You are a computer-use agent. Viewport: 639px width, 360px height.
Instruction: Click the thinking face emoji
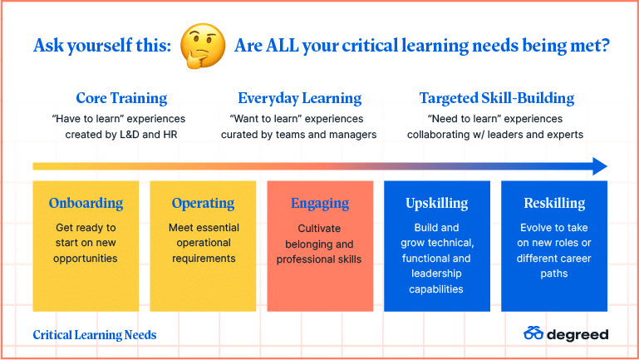(x=203, y=45)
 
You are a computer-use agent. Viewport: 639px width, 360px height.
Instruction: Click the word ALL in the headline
(x=283, y=45)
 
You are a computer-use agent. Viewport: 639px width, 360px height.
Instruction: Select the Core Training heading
(x=121, y=98)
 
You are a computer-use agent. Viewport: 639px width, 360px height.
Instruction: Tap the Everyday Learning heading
(x=299, y=98)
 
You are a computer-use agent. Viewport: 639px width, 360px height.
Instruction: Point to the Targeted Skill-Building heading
(x=497, y=98)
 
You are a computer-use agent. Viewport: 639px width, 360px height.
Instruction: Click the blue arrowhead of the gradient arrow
(x=599, y=166)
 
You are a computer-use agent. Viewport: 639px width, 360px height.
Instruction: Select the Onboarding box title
(x=86, y=203)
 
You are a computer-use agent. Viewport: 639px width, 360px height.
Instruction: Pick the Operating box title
(x=203, y=203)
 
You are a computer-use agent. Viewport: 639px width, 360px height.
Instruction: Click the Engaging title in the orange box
(x=320, y=203)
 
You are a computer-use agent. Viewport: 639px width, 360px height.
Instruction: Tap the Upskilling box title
(x=437, y=203)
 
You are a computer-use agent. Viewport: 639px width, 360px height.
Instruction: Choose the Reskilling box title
(x=554, y=203)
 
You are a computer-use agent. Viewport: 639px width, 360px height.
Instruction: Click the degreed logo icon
(x=533, y=333)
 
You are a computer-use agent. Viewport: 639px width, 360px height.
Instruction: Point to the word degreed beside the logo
(x=578, y=335)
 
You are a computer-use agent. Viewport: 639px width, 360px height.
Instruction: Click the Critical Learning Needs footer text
(x=95, y=335)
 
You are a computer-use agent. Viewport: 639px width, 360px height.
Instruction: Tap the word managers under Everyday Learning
(x=353, y=135)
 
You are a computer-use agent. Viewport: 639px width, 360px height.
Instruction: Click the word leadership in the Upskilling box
(x=436, y=274)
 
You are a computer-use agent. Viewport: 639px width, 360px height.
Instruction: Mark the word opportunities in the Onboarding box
(x=86, y=259)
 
